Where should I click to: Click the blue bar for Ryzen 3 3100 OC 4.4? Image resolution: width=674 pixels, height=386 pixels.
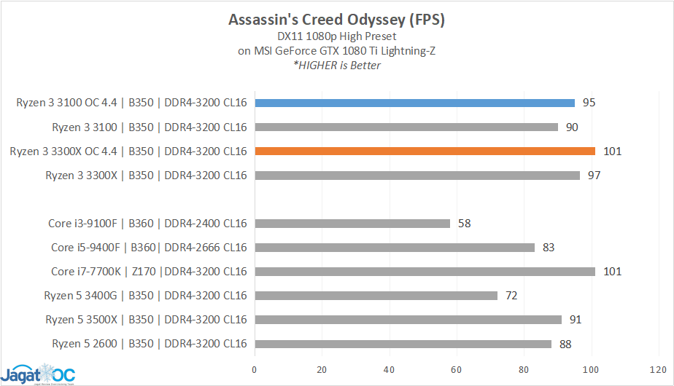[414, 103]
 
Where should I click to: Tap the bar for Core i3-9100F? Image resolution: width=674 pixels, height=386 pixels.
[352, 224]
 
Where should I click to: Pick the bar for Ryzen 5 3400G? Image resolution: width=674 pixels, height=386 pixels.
[376, 296]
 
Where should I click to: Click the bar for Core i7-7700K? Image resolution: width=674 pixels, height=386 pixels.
[425, 272]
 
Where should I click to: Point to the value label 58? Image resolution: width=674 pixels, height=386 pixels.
[464, 224]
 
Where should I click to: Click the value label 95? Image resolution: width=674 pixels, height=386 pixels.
[589, 103]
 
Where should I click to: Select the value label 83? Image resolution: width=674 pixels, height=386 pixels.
[549, 248]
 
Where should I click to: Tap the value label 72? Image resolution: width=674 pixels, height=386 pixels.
[511, 296]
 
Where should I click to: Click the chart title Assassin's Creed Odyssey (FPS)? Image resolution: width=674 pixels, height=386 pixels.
[336, 20]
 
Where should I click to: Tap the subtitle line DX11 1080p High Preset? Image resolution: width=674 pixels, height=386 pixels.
[336, 36]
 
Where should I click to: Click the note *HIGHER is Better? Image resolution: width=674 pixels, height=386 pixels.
[336, 66]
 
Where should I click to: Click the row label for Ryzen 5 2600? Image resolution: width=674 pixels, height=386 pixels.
[150, 344]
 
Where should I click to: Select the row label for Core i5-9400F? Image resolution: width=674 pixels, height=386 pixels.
[149, 248]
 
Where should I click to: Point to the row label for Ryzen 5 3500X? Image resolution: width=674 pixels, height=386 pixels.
[146, 320]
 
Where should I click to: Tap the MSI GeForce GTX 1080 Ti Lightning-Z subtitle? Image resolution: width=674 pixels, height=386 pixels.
[336, 50]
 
